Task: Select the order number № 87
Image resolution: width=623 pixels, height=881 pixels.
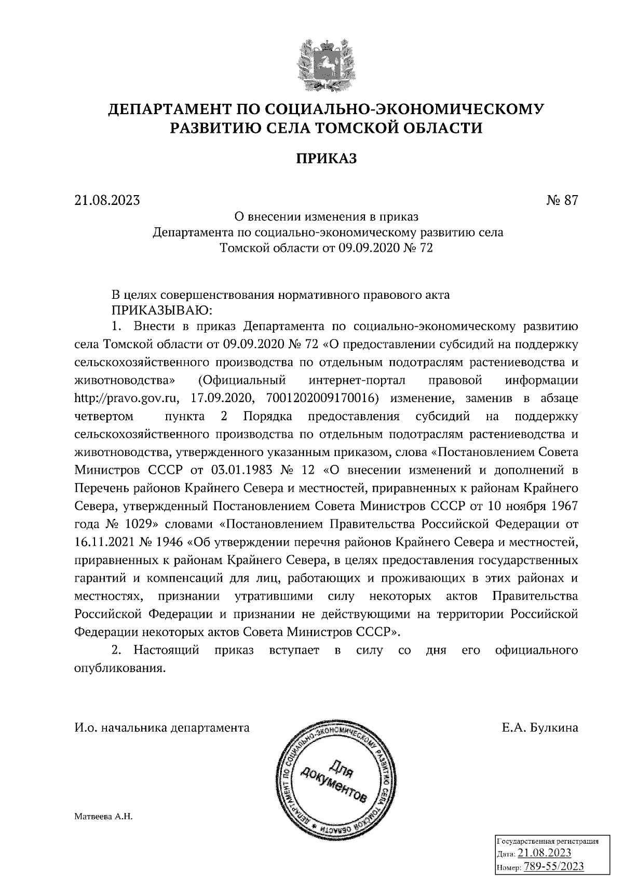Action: pos(562,200)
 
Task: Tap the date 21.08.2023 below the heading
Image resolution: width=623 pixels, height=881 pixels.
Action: pos(107,200)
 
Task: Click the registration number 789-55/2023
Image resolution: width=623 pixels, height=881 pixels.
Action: pos(554,867)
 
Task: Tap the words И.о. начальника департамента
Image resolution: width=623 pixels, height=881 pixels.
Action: pos(162,728)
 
